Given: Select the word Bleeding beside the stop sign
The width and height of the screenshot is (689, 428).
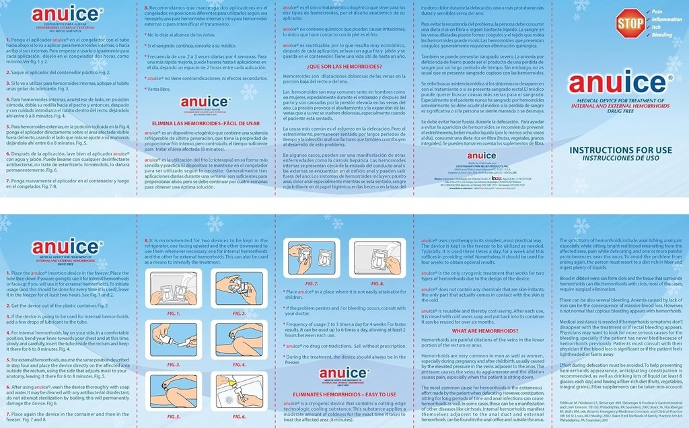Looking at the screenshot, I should tap(662, 34).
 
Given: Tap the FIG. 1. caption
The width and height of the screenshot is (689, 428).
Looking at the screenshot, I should tap(174, 314).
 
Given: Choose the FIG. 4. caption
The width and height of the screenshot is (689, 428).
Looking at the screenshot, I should tap(240, 365).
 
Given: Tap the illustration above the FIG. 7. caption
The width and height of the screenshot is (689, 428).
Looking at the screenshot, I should tap(312, 259).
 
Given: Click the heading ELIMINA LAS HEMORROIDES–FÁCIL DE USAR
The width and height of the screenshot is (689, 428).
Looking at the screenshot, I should tap(205, 124).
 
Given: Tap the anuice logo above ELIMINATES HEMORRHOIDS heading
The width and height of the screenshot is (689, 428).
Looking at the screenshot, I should tap(342, 374).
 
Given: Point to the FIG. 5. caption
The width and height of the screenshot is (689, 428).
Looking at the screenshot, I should tap(174, 417).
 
